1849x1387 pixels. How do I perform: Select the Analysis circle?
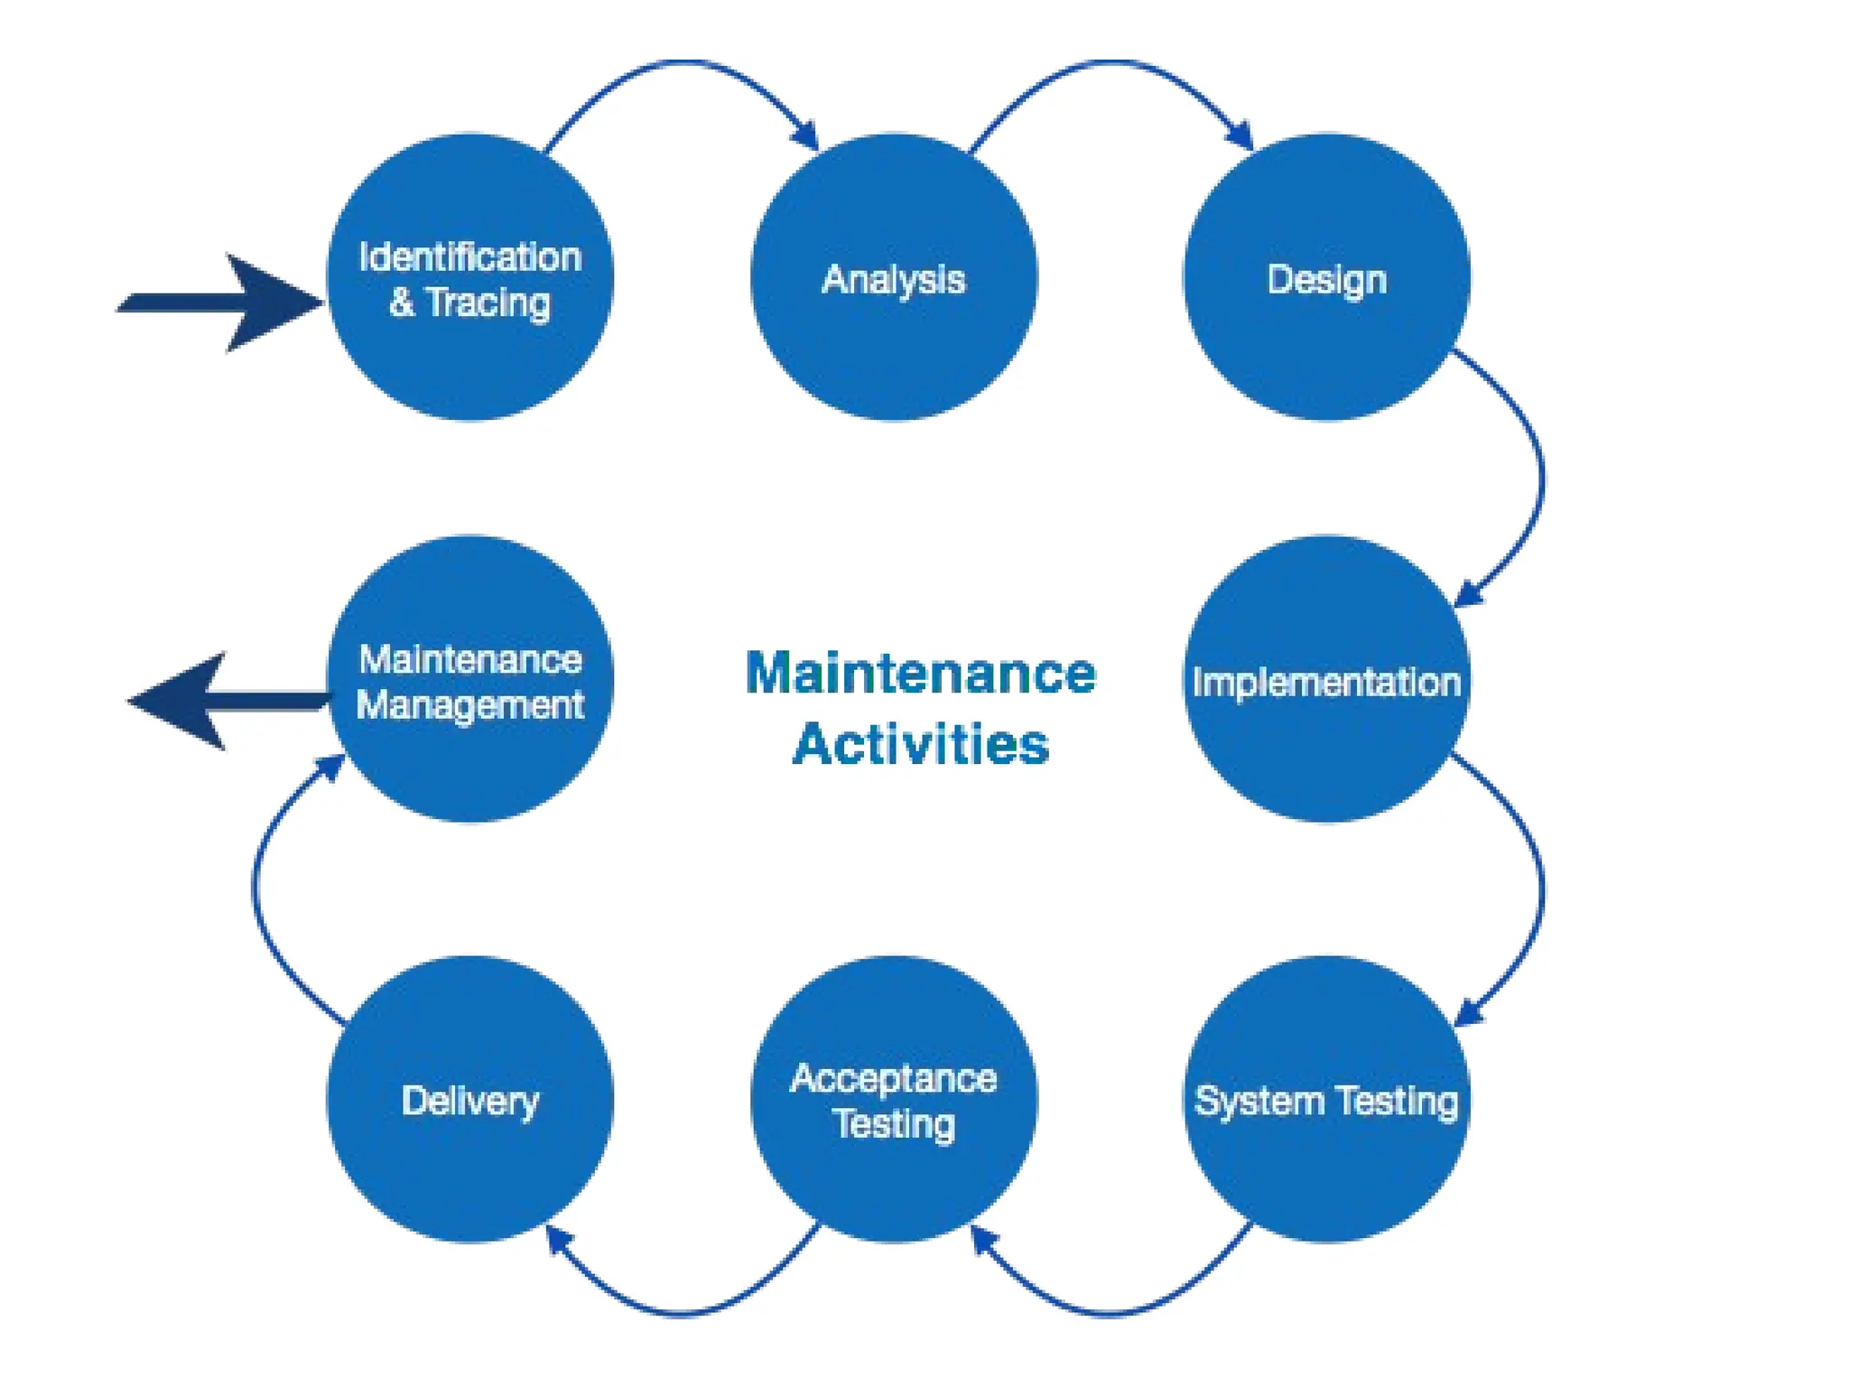coord(894,343)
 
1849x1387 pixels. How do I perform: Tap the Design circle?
coord(1326,343)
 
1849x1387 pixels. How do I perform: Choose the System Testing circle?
coord(1326,1165)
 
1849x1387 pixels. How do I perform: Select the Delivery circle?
coord(469,1165)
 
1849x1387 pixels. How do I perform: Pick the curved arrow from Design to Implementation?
coord(1540,479)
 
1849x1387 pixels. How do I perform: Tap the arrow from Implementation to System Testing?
coord(1540,889)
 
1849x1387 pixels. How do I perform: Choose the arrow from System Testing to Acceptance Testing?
coord(1109,1312)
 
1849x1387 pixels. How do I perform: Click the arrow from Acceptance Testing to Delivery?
coord(682,1312)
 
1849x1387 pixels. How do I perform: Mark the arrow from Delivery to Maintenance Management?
coord(256,889)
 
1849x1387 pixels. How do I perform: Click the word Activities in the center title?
coord(920,744)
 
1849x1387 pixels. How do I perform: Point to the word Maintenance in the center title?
coord(920,674)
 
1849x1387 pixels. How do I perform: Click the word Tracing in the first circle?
coord(488,303)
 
